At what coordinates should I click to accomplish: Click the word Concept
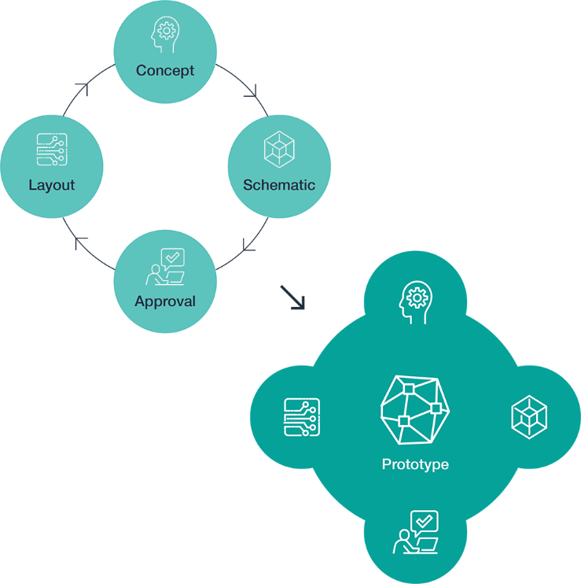[165, 71]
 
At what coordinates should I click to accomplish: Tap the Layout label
[52, 186]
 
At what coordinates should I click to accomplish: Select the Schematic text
[279, 186]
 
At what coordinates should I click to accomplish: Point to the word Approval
[165, 301]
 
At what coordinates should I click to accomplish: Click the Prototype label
[415, 464]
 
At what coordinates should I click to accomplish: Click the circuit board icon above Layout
[52, 150]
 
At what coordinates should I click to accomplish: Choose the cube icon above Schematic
[279, 150]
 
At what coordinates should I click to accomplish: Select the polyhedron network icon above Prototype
[414, 408]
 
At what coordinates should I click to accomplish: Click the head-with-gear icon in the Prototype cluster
[415, 301]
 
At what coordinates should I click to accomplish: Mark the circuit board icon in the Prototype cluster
[302, 417]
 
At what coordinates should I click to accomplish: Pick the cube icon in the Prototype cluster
[528, 417]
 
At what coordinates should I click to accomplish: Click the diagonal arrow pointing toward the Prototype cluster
[292, 298]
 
